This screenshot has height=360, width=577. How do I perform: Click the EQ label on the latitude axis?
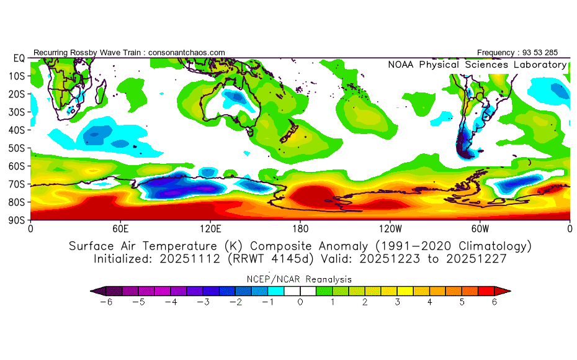[19, 58]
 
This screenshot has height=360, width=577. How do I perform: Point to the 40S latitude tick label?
[17, 130]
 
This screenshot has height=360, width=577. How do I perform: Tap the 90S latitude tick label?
[17, 220]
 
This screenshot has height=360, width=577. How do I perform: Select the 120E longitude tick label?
[210, 229]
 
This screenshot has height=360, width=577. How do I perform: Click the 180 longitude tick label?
[300, 229]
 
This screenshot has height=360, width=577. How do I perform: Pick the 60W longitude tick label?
[480, 229]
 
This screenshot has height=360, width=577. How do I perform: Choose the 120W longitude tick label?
[390, 229]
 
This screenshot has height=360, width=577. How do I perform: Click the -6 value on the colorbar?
[106, 302]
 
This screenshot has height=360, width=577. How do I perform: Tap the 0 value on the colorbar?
[300, 302]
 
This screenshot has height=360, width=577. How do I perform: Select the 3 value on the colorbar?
[398, 302]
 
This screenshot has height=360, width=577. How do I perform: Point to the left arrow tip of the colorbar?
[91, 291]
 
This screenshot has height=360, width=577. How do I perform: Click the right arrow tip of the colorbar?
[511, 291]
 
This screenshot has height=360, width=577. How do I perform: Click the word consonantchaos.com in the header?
[187, 53]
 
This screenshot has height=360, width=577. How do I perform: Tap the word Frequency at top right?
[496, 53]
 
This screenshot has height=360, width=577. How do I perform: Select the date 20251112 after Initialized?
[190, 259]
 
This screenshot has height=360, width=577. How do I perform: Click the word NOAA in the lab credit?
[401, 65]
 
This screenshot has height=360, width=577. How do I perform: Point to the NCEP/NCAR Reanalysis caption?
[299, 279]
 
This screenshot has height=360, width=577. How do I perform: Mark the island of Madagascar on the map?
[101, 92]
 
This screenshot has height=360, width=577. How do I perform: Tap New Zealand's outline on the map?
[290, 132]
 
